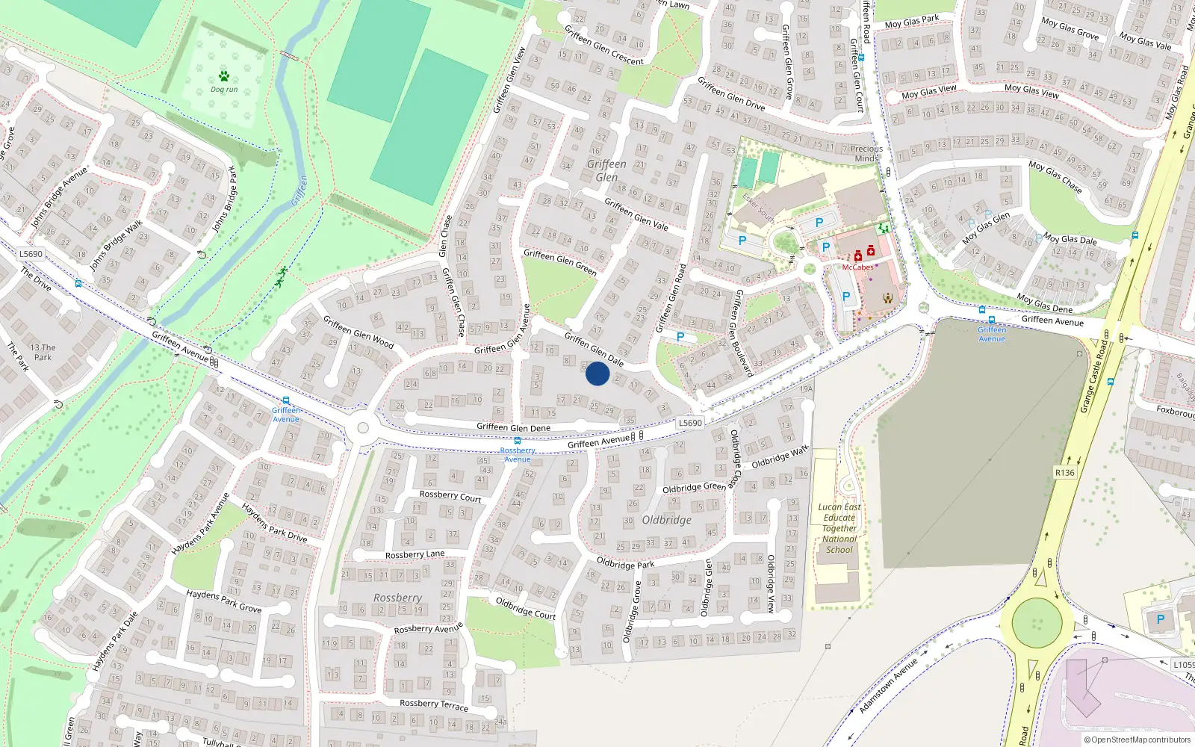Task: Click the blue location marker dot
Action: pos(597,373)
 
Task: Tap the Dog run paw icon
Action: pos(224,75)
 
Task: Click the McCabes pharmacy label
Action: pos(857,267)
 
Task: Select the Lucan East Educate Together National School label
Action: pos(839,528)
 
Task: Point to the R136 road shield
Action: pos(1065,473)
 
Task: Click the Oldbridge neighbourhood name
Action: pos(666,520)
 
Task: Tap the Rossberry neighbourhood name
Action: pos(397,598)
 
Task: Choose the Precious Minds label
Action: pos(866,153)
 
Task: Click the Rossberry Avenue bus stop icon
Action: pos(517,441)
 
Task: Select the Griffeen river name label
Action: pos(299,190)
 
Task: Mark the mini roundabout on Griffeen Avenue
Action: pos(363,428)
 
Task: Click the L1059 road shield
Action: pos(1183,664)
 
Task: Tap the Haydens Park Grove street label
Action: pos(223,601)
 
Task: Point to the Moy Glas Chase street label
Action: pos(1055,176)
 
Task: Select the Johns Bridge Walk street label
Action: pos(116,245)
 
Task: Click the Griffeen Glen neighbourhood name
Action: pos(606,170)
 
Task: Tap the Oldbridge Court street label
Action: pos(526,608)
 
